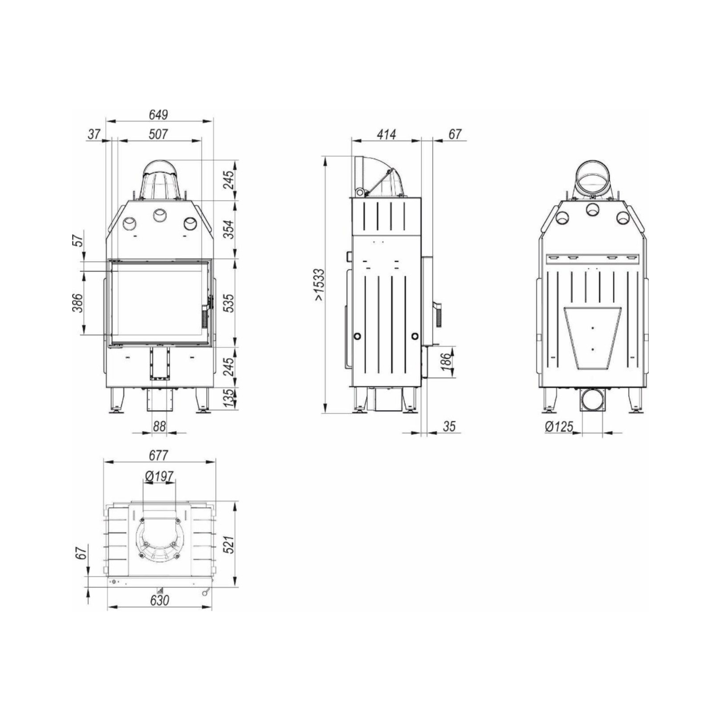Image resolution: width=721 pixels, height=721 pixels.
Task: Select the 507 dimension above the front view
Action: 158,134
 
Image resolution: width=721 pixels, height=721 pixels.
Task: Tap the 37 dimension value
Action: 94,134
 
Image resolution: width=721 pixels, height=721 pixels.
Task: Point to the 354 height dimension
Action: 230,230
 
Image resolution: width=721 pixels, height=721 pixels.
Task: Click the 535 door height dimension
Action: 230,303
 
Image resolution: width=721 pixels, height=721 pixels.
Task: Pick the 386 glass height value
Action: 77,303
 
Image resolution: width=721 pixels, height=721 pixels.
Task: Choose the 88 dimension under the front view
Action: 159,427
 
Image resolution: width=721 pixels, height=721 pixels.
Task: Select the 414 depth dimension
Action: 386,134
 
